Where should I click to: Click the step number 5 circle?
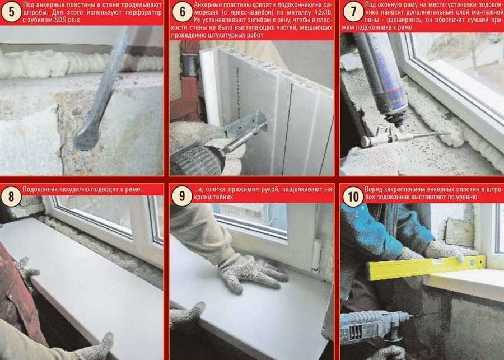coord(11,12)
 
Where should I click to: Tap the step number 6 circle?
coord(182,12)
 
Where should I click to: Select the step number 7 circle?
coord(353,12)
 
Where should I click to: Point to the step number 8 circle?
coord(11,196)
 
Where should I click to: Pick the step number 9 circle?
coord(182,196)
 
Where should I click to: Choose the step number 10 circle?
coord(353,196)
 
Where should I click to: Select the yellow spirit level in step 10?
coord(426,268)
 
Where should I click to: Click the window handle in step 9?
coord(316,255)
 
